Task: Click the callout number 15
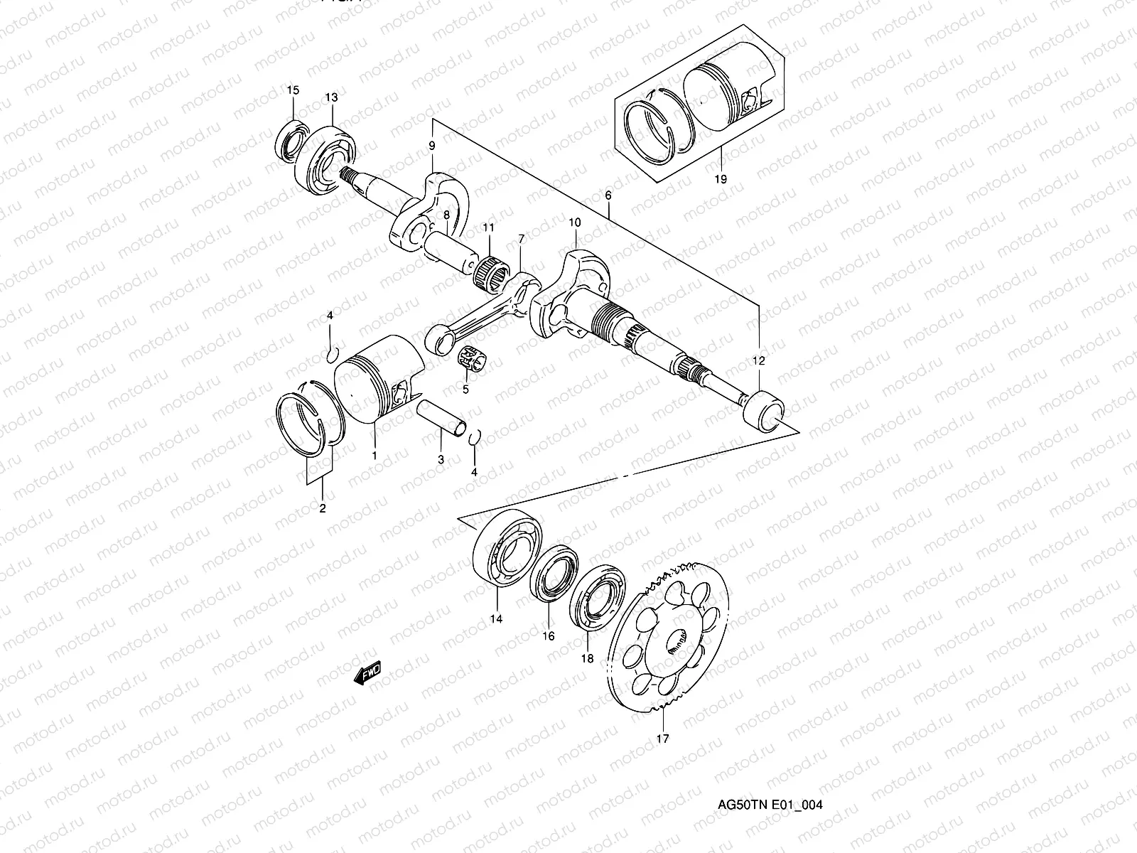point(293,90)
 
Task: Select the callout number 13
point(332,97)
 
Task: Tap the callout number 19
point(721,179)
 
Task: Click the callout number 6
point(609,194)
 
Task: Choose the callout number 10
point(574,222)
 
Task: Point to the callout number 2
point(322,508)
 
